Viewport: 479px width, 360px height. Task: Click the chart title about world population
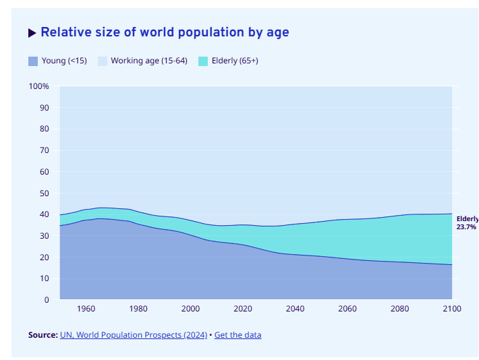165,32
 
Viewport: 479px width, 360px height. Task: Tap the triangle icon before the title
32,33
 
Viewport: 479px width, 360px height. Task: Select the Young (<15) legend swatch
33,61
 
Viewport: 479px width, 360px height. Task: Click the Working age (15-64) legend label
148,61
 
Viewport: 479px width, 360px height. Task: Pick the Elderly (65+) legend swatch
203,61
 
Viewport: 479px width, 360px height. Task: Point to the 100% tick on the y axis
39,86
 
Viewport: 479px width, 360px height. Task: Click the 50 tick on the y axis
44,193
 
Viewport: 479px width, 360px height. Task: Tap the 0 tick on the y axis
47,300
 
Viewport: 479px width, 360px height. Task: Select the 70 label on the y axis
44,150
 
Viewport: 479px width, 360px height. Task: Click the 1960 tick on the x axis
86,309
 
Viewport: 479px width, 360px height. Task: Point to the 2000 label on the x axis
190,309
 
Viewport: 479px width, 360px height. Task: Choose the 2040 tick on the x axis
295,309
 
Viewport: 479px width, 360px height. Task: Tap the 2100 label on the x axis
451,309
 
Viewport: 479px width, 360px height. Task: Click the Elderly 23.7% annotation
467,223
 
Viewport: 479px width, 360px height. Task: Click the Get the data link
237,335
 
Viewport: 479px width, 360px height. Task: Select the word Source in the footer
43,335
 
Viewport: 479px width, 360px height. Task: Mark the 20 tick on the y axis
44,258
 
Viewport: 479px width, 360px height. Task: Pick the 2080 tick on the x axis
399,309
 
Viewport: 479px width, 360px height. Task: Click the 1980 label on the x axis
138,309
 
